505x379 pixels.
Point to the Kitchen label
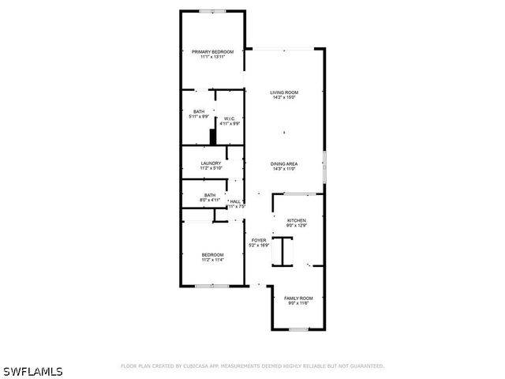coord(297,220)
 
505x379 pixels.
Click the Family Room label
coord(298,298)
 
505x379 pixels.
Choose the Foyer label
coord(259,240)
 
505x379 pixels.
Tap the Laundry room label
coord(211,163)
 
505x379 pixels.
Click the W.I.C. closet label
coord(230,118)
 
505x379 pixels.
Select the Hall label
coord(235,202)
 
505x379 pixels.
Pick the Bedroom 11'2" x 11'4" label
coord(212,254)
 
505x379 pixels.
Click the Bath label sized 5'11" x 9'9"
coord(199,111)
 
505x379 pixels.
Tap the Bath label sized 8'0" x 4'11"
coord(210,195)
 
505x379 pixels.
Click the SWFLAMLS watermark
coord(33,370)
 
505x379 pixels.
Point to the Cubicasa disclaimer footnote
coord(252,366)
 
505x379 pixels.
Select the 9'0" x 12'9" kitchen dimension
coord(297,226)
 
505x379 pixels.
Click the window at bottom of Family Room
coord(297,329)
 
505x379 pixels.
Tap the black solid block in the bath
coord(212,136)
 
